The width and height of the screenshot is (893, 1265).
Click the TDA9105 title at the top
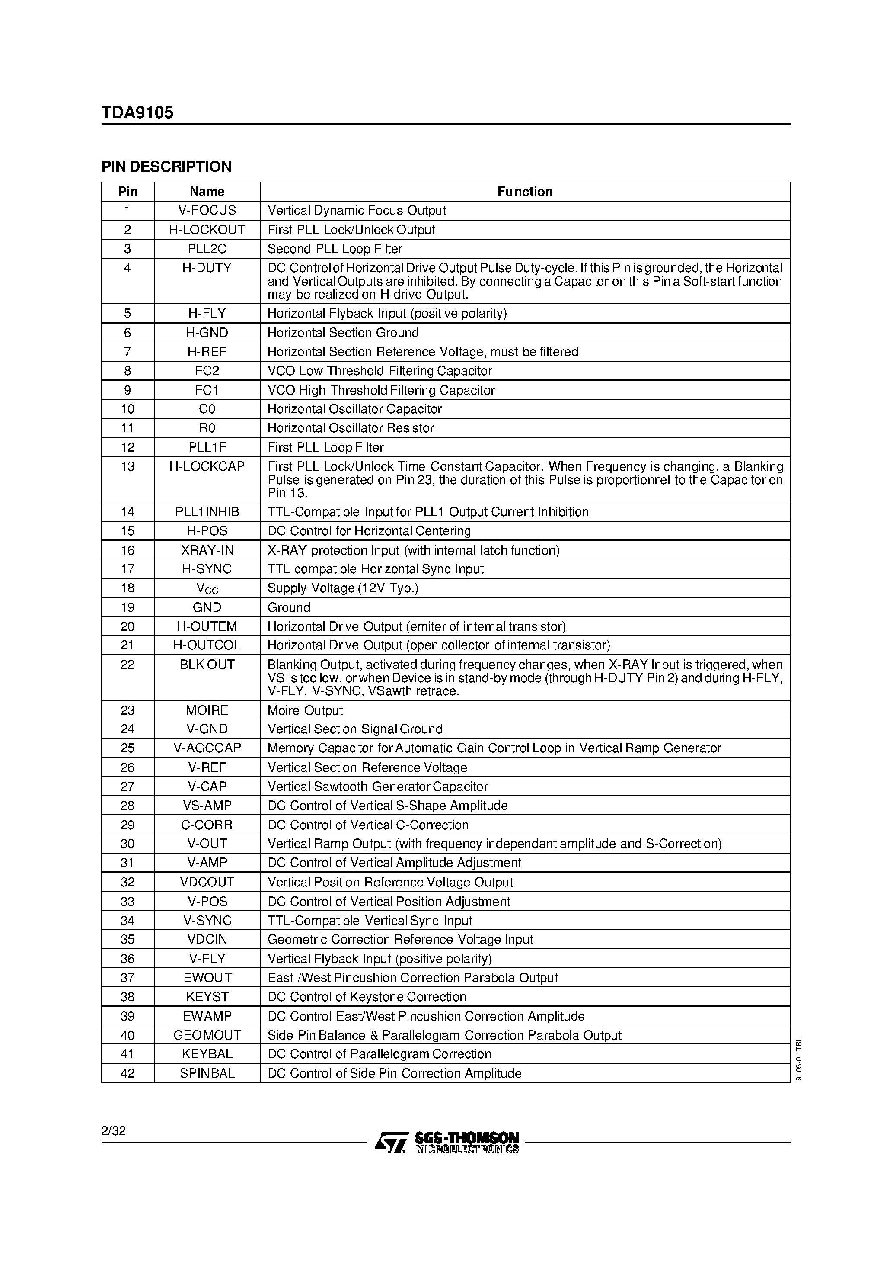(x=137, y=112)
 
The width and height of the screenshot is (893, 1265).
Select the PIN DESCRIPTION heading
(x=166, y=167)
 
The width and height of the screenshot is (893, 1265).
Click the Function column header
(x=525, y=192)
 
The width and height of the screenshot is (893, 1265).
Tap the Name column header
(x=207, y=192)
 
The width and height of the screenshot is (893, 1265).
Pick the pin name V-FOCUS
(x=207, y=210)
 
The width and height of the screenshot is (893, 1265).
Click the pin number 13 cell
(x=127, y=467)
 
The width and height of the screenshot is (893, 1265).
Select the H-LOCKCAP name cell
(x=207, y=467)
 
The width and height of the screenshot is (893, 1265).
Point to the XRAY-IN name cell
(x=207, y=550)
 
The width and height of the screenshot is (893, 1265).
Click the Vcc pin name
(x=207, y=588)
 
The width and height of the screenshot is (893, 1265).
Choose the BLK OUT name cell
(x=207, y=665)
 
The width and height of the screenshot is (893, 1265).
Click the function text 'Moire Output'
(x=305, y=711)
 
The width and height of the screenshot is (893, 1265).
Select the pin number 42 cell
(x=127, y=1073)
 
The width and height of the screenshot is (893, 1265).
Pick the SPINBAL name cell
(x=207, y=1073)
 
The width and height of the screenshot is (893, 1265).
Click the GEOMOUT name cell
(x=207, y=1035)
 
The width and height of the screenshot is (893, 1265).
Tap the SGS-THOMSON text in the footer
(x=467, y=1138)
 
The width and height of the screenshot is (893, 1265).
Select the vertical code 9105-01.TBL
(x=799, y=1059)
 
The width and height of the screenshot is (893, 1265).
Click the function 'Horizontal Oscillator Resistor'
(x=351, y=428)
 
